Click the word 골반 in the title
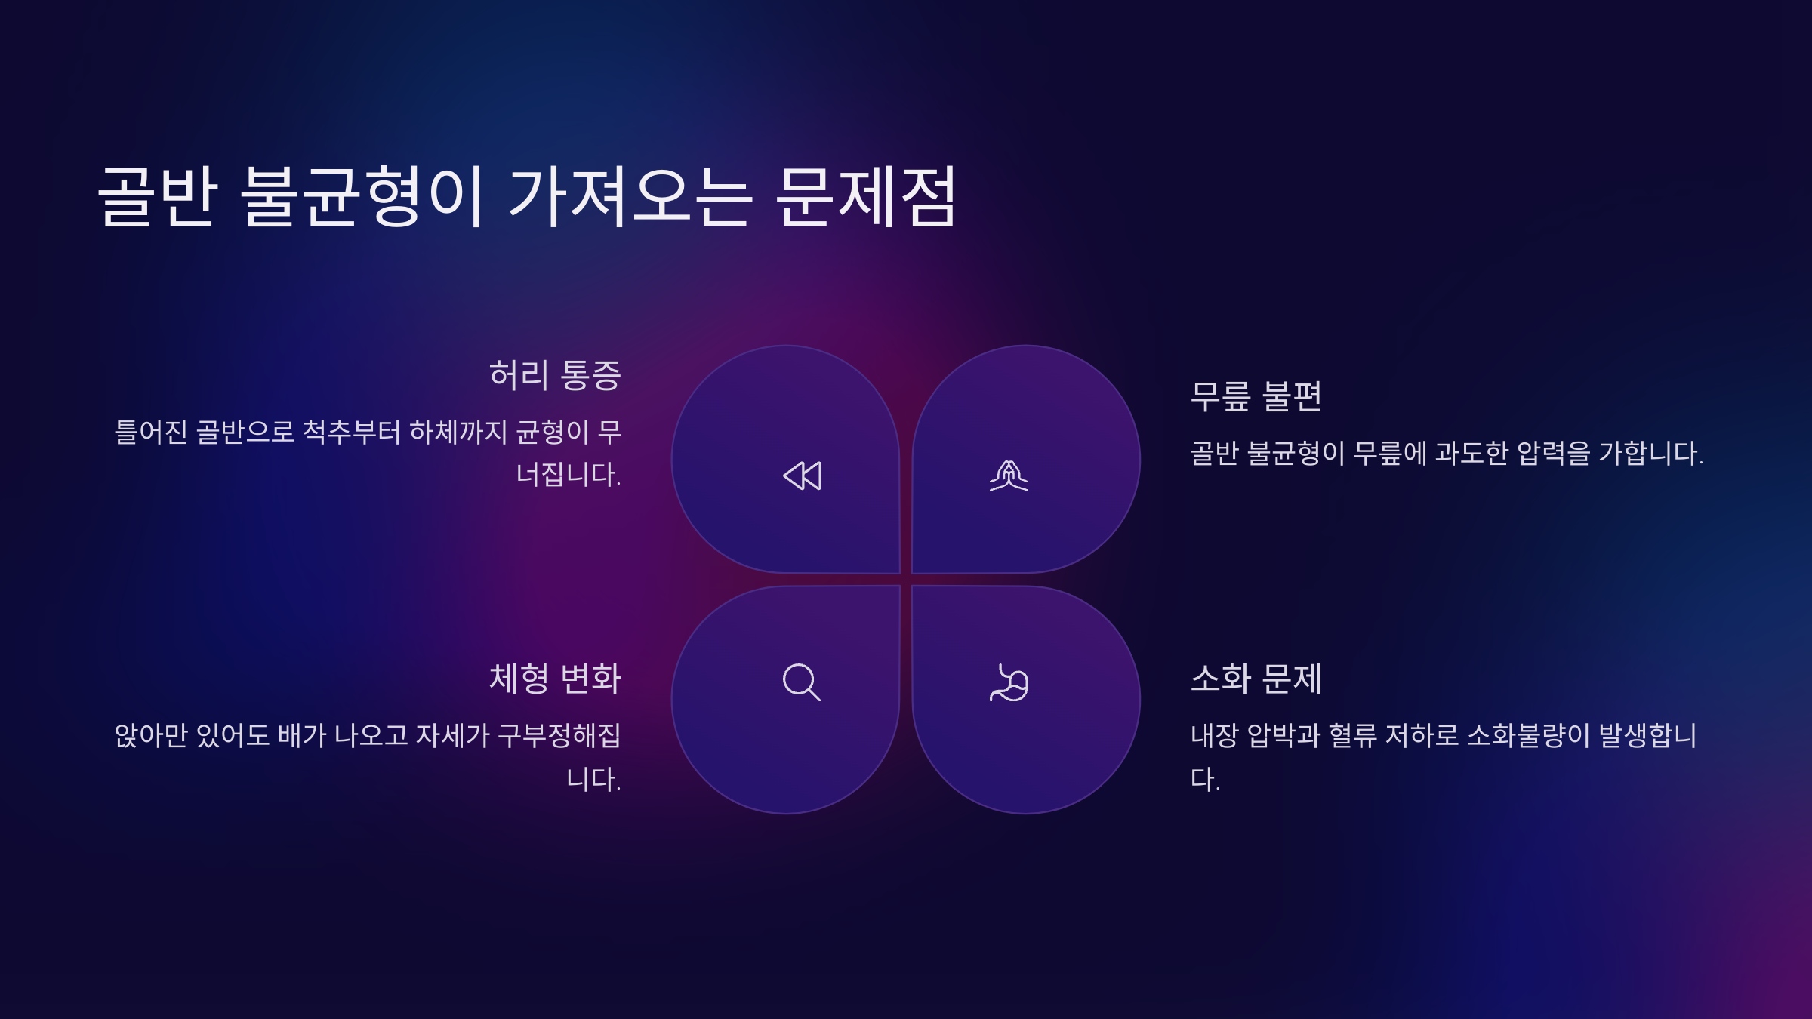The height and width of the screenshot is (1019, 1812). (x=159, y=196)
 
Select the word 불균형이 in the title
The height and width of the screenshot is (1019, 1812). (x=362, y=196)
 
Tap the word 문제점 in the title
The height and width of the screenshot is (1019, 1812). (x=867, y=196)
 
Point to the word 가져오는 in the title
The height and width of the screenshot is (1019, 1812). (x=630, y=196)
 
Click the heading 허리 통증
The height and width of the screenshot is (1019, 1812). (x=555, y=375)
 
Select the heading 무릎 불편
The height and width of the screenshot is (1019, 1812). (x=1256, y=396)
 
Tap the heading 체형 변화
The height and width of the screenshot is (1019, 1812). (x=555, y=678)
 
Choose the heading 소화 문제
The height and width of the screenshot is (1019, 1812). (x=1256, y=678)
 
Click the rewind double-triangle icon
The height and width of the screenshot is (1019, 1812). (x=802, y=476)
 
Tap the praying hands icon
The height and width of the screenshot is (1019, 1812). (x=1009, y=476)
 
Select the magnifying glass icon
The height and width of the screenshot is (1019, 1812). (x=802, y=682)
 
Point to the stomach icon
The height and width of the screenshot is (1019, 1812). (x=1009, y=682)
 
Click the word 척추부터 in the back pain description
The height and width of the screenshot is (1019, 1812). (x=351, y=432)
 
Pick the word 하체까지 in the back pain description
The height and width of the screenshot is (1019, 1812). (x=458, y=432)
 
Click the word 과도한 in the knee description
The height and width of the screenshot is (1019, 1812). (x=1471, y=453)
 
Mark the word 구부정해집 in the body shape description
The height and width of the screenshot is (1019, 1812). (x=559, y=735)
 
